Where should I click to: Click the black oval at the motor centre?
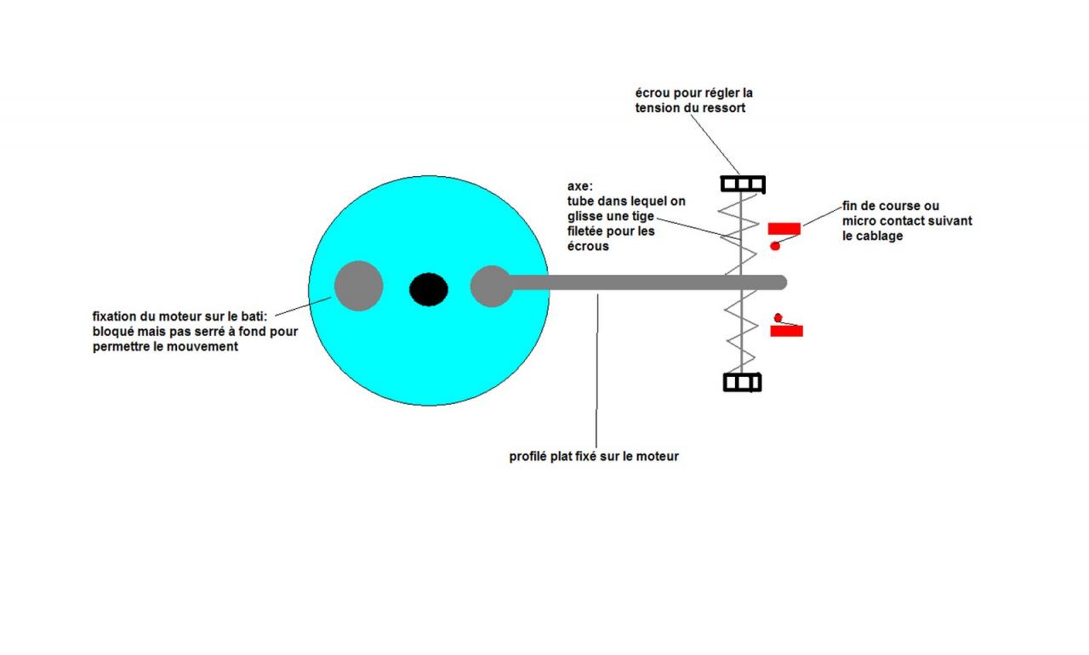429,289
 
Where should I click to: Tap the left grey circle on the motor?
358,286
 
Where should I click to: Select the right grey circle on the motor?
491,286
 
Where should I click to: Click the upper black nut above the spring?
743,184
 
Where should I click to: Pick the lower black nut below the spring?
742,382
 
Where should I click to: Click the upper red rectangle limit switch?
784,228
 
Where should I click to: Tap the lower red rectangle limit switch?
786,330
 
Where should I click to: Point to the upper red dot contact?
775,246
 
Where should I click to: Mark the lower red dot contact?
778,318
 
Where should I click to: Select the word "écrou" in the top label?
653,93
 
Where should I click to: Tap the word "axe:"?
580,185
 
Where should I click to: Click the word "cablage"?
883,236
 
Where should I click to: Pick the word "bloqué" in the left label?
115,332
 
